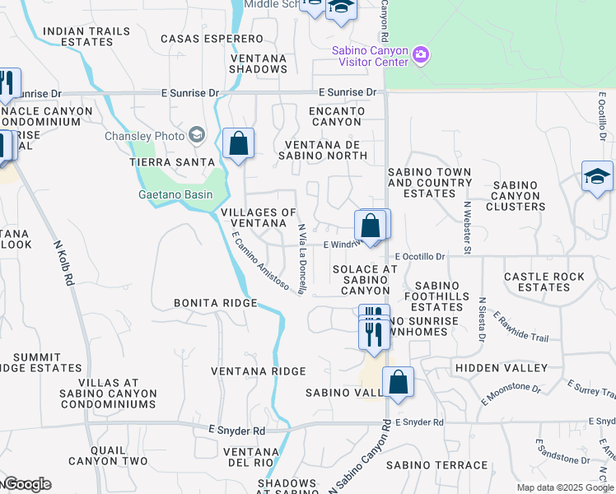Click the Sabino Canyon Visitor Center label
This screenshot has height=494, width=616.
coord(370,56)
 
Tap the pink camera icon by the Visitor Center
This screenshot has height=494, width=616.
coord(421,55)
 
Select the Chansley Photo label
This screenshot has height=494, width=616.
coord(142,136)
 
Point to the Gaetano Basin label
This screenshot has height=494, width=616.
coord(175,195)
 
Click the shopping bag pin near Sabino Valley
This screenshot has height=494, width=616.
coord(398,383)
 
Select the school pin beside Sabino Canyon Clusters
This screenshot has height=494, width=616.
coord(597,176)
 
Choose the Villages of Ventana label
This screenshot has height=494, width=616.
coord(259,218)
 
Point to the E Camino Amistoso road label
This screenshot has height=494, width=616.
coord(259,262)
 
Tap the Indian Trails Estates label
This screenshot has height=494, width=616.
coord(86,36)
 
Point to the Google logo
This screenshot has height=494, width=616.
coord(27,484)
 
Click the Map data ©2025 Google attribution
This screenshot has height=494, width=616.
coord(565,487)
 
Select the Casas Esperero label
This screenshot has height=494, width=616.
coord(212,39)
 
